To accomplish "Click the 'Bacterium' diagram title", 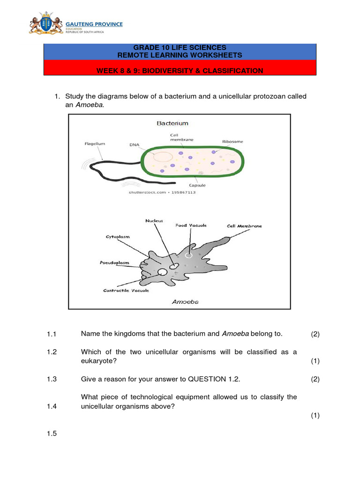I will click(x=172, y=123).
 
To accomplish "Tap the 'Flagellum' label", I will click(x=95, y=144).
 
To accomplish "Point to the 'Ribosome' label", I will click(x=232, y=141).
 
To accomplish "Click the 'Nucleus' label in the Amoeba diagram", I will click(x=154, y=220).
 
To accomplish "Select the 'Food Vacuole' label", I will click(x=191, y=225).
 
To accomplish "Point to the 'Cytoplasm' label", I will click(x=117, y=237).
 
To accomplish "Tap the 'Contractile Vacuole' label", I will click(x=126, y=291).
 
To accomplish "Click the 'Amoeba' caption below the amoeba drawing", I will click(x=185, y=302).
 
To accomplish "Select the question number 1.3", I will click(x=52, y=380).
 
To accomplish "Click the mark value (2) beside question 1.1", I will click(x=315, y=334).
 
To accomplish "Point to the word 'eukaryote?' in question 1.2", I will click(x=97, y=361).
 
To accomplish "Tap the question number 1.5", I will click(x=52, y=434).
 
